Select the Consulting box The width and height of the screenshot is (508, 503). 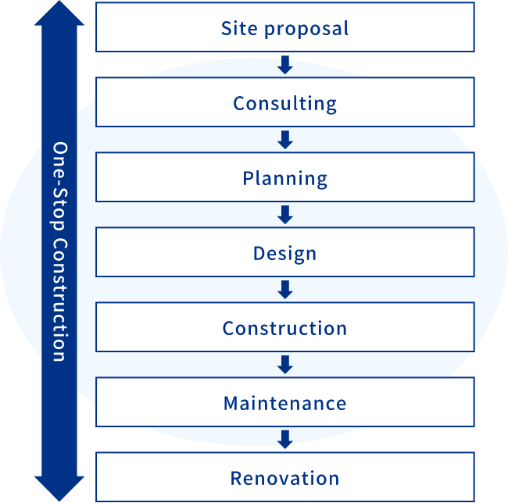(x=284, y=102)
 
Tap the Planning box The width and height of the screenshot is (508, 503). (x=284, y=177)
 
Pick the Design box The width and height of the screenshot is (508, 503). (x=284, y=252)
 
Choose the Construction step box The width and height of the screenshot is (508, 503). (x=284, y=327)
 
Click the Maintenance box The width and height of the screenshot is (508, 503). (x=284, y=402)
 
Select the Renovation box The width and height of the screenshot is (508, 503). (x=284, y=477)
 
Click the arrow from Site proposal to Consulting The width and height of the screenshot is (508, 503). (x=284, y=65)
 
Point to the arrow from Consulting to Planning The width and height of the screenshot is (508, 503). (x=284, y=140)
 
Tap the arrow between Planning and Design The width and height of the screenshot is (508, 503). (x=284, y=215)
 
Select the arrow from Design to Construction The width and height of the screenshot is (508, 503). (x=284, y=290)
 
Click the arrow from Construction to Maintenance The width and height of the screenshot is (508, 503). (x=284, y=365)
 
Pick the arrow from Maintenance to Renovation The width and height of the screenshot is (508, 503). (x=284, y=440)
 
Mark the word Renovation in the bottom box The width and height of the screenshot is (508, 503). (x=284, y=478)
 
